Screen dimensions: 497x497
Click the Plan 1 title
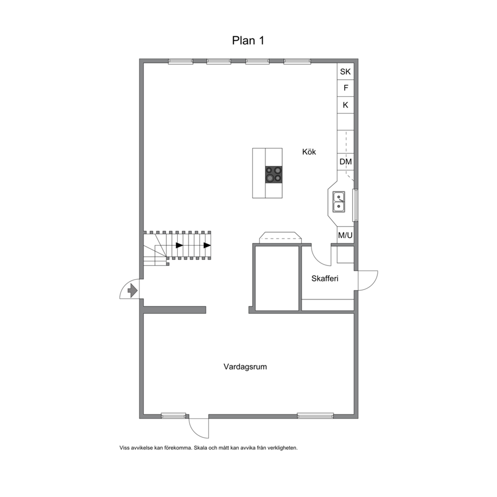click(248, 41)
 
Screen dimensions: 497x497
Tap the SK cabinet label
click(345, 72)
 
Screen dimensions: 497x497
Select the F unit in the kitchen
click(346, 88)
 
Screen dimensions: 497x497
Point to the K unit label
click(346, 105)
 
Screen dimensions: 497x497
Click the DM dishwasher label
click(346, 162)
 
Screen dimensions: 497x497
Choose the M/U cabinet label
click(345, 235)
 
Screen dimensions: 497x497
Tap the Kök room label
click(309, 152)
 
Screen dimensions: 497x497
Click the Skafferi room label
click(325, 278)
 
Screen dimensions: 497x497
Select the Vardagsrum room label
click(245, 367)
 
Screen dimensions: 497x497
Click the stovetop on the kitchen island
click(274, 175)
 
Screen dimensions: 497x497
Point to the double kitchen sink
click(339, 202)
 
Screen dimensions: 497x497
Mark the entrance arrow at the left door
click(132, 290)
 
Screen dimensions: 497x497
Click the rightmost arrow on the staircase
click(207, 245)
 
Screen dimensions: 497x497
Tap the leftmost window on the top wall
click(180, 62)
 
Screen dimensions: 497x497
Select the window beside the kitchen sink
click(356, 205)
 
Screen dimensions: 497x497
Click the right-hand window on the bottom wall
click(315, 415)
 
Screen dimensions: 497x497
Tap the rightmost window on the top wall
click(297, 62)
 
